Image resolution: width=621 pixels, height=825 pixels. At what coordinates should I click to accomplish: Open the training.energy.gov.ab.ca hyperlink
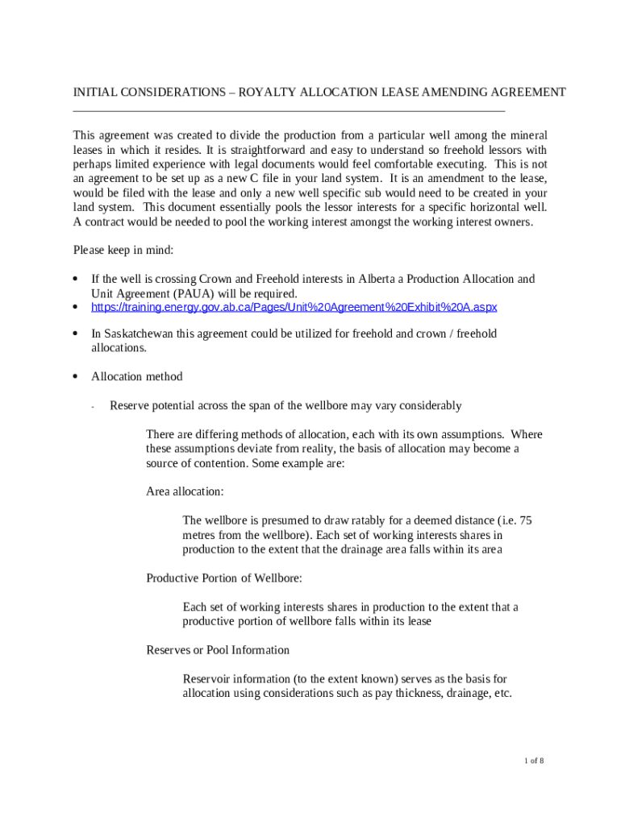294,307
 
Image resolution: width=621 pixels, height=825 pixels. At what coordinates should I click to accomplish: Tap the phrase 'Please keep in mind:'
123,250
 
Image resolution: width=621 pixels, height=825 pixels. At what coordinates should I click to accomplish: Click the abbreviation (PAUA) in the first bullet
191,293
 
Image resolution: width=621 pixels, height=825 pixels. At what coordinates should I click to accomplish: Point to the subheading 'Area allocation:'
185,491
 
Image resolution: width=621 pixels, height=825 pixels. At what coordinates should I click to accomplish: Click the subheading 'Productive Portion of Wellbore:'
223,578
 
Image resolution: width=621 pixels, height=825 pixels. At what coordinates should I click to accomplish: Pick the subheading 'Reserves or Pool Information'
217,650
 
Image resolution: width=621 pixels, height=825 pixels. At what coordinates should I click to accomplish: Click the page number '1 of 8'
533,760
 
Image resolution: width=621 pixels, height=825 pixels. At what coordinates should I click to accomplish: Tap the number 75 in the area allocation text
525,520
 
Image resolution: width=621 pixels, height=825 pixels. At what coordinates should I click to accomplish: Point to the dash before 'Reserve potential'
93,407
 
